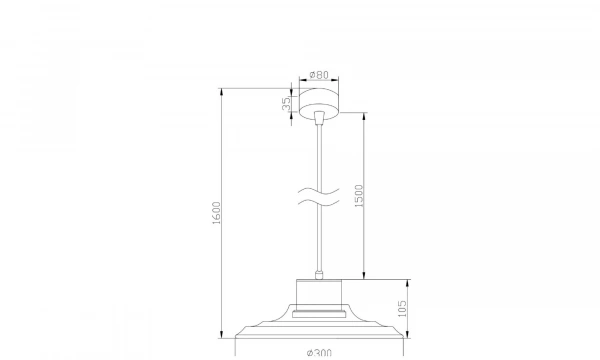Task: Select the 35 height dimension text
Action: (x=286, y=104)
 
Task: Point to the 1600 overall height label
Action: (x=216, y=213)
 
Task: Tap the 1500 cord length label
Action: (x=359, y=197)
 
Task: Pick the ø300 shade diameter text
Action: (x=319, y=352)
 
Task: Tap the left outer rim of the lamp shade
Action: (x=237, y=334)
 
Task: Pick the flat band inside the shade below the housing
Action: (x=320, y=313)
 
